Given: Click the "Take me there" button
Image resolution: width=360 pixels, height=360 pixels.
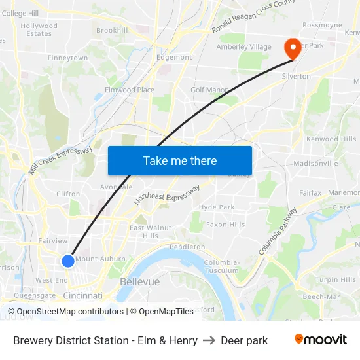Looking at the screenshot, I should pos(180,160).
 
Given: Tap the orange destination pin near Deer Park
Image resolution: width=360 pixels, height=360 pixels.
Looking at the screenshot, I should pos(291,48).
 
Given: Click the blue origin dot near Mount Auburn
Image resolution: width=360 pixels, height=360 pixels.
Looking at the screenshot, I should pos(68,261).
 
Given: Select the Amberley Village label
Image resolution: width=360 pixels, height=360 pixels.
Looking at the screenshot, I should pos(243,47).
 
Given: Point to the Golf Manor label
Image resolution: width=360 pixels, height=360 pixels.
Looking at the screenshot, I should pos(209,90).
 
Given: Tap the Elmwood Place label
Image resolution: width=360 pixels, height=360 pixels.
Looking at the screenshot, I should pos(130,90).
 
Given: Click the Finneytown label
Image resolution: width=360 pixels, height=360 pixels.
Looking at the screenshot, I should pos(67,58).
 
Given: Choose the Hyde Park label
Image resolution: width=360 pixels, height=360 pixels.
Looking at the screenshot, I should pos(217,207).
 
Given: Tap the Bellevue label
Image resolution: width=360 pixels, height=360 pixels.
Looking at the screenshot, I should pos(140,281).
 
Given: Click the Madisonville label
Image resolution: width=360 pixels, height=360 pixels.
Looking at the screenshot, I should pos(314,163).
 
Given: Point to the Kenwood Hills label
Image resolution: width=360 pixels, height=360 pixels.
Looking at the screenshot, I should pos(332,139).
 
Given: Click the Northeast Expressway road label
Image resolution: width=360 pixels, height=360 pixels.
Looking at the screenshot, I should pos(167,194).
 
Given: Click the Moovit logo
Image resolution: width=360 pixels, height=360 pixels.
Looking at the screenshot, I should pos(321,340).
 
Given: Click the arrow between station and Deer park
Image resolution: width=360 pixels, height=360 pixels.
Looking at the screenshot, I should pos(209,340).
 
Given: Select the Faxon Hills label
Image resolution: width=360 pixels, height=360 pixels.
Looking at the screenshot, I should pos(225,225).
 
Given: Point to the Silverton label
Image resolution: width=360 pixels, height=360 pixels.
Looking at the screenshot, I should pos(296,77).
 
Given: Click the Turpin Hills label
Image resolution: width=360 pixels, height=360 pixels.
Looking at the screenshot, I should pos(336,279).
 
